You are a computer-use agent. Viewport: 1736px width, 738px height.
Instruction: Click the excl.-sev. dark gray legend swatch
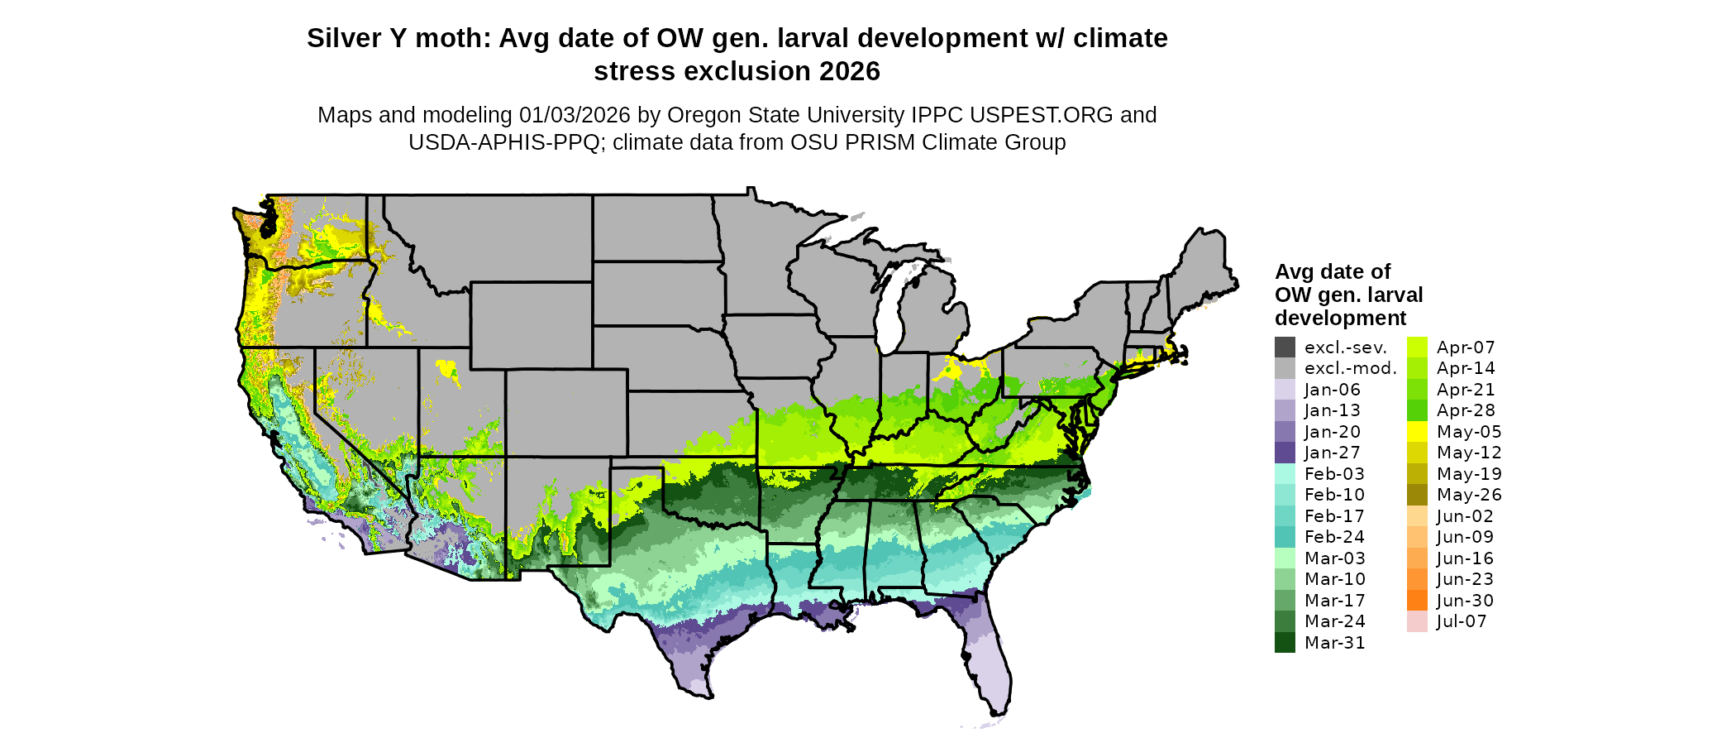[x=1285, y=347]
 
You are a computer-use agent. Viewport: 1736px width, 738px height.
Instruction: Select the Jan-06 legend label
[x=1332, y=390]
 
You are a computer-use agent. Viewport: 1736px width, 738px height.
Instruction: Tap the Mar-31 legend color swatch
[x=1285, y=643]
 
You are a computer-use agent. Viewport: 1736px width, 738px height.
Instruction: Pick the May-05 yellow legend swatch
[x=1417, y=432]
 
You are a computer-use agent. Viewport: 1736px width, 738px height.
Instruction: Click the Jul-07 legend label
[x=1462, y=621]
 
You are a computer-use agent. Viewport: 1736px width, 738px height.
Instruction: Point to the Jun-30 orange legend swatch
[x=1417, y=601]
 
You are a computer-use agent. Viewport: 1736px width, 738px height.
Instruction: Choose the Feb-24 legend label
[x=1334, y=537]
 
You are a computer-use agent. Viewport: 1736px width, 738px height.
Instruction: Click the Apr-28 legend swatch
[x=1417, y=410]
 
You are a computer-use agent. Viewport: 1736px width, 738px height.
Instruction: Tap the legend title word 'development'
[x=1340, y=319]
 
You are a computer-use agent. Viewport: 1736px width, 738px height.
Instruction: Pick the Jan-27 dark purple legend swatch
[x=1285, y=453]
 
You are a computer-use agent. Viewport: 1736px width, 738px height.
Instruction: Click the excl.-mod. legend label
[x=1350, y=368]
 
